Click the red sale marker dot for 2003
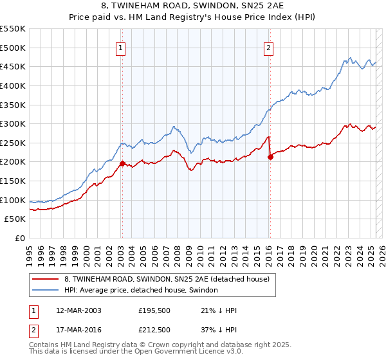(x=122, y=163)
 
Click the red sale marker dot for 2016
(x=270, y=157)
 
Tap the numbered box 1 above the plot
(x=121, y=46)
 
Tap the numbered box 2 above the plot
(x=268, y=46)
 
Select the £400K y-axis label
(x=12, y=85)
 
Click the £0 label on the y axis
(x=19, y=239)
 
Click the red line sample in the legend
(x=45, y=279)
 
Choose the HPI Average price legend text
(x=141, y=290)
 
